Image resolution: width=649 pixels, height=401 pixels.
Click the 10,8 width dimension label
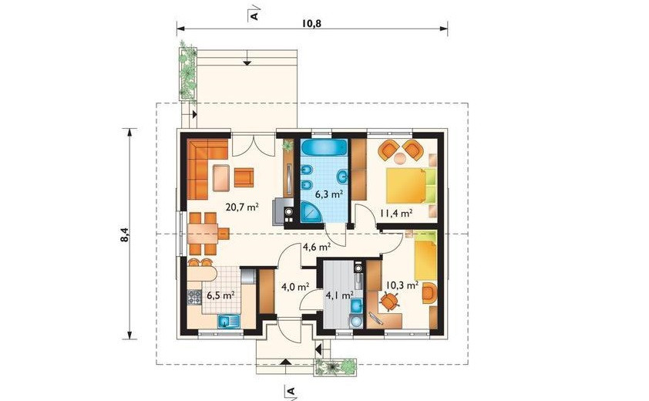(311, 23)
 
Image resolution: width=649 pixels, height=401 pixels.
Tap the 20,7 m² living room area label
(242, 207)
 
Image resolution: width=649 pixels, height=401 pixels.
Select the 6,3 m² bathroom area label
(329, 194)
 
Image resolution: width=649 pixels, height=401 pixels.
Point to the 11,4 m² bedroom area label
(395, 213)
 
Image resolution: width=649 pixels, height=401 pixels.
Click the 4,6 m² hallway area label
(317, 248)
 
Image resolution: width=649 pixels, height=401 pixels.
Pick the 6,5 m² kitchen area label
(221, 295)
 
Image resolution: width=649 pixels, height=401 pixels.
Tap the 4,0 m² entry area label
(296, 286)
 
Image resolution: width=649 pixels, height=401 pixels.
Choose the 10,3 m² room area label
(402, 285)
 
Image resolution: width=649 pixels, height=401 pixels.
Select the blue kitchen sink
(229, 322)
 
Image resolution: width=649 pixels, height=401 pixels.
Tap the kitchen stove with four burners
(194, 297)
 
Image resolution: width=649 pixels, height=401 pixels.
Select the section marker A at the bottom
(290, 391)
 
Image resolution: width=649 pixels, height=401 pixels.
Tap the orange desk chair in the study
(389, 302)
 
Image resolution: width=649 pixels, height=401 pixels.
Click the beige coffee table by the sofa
(221, 177)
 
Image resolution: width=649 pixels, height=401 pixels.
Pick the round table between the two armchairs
(400, 158)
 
